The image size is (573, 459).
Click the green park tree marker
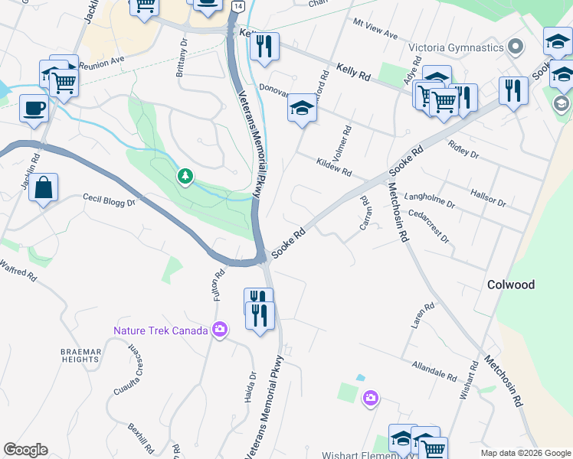[x=185, y=177]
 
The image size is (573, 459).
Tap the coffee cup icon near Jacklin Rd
[x=33, y=108]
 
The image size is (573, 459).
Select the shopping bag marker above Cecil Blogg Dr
[x=44, y=188]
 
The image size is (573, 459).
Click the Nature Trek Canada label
[x=161, y=331]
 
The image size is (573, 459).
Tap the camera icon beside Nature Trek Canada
[x=221, y=330]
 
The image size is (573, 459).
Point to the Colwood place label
[x=511, y=285]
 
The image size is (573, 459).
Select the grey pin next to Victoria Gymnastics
[x=516, y=47]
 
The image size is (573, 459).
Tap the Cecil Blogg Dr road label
[x=109, y=200]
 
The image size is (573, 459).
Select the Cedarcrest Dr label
[x=429, y=226]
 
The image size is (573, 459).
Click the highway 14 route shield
[x=238, y=6]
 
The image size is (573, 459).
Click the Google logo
[x=25, y=450]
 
